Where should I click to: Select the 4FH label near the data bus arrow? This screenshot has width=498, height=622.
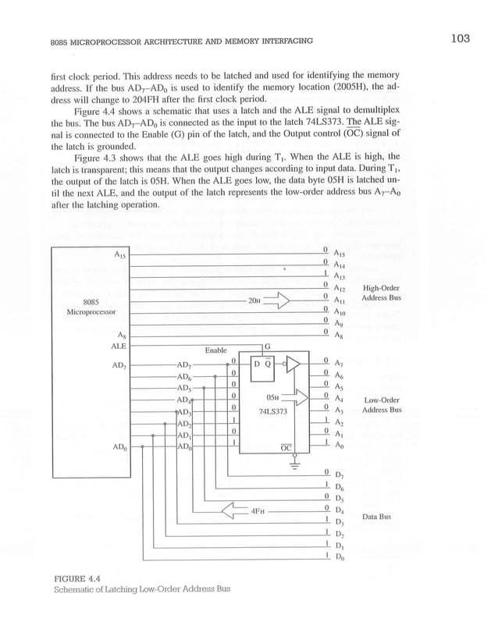258,511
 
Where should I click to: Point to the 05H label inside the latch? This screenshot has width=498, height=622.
272,396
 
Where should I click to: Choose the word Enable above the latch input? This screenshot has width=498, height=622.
216,350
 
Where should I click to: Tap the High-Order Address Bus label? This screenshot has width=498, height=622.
382,293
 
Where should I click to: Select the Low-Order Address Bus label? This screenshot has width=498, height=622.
382,404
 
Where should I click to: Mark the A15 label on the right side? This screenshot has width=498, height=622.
339,253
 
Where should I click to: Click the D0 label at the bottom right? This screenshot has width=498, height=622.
339,558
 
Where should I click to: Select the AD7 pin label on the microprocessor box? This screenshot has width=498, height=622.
119,364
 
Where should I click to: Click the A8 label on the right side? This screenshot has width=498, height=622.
338,336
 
